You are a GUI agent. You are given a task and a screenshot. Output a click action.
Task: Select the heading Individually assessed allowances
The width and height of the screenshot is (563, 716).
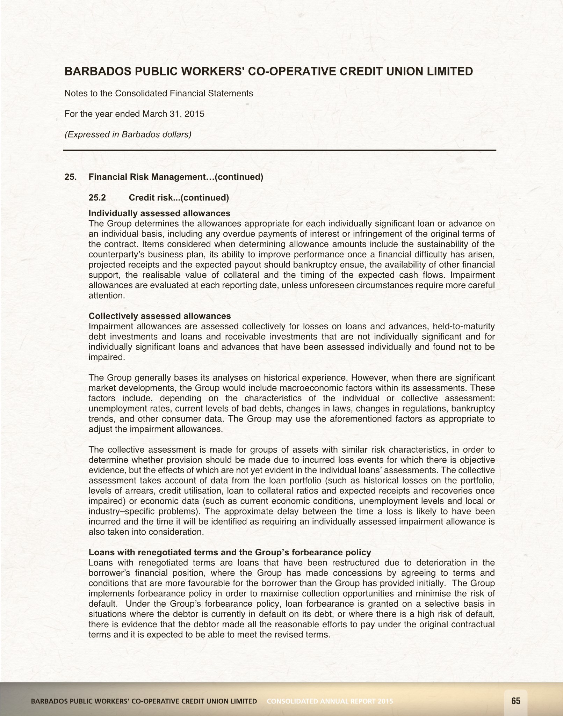pyautogui.click(x=159, y=213)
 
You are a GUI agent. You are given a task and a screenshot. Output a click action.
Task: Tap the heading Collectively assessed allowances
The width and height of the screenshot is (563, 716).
pyautogui.click(x=160, y=316)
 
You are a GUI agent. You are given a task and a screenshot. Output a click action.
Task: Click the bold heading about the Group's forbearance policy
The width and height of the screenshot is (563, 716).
pyautogui.click(x=230, y=553)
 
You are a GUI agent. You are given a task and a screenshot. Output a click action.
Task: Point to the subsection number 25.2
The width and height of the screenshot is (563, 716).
pyautogui.click(x=97, y=198)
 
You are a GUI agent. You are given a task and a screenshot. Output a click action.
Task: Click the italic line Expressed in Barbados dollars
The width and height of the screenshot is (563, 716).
pyautogui.click(x=128, y=134)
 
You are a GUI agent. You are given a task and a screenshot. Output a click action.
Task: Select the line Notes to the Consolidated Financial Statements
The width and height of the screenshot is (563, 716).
pyautogui.click(x=159, y=94)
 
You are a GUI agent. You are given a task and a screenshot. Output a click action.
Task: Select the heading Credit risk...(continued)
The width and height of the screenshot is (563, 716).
pyautogui.click(x=179, y=198)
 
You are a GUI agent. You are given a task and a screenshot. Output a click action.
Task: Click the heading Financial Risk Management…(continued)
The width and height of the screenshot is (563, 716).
pyautogui.click(x=176, y=177)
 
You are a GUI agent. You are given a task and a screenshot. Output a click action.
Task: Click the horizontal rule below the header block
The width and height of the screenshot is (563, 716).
pyautogui.click(x=280, y=150)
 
